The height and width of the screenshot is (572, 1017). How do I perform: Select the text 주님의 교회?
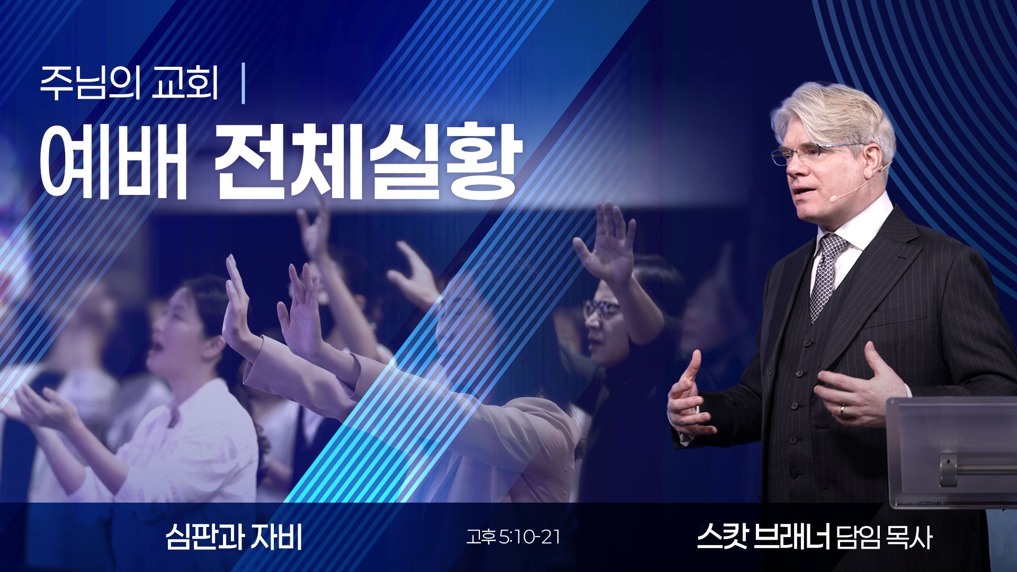(x=129, y=84)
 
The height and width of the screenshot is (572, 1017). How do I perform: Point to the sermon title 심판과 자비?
(x=234, y=537)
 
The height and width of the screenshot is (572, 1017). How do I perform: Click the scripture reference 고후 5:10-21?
(x=513, y=538)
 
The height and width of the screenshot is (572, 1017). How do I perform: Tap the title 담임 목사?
(x=883, y=538)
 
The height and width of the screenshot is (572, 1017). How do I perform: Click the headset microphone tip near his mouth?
(x=833, y=198)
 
